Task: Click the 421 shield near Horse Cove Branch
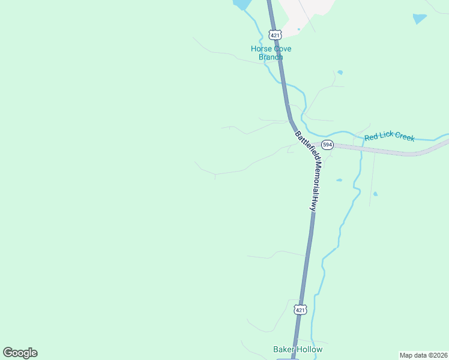pos(274,35)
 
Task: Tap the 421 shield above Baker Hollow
pos(301,310)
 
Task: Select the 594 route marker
pos(327,145)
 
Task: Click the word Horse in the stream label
pos(261,49)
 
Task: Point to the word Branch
pos(271,57)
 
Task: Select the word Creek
pos(405,137)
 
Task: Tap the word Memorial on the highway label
pos(315,178)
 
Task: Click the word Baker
pos(283,349)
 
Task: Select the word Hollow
pos(309,349)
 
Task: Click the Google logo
pos(20,353)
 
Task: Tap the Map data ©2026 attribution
pos(424,355)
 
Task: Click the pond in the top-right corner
pos(420,19)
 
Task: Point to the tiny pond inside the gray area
pos(298,29)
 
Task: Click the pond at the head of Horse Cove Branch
pos(242,4)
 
